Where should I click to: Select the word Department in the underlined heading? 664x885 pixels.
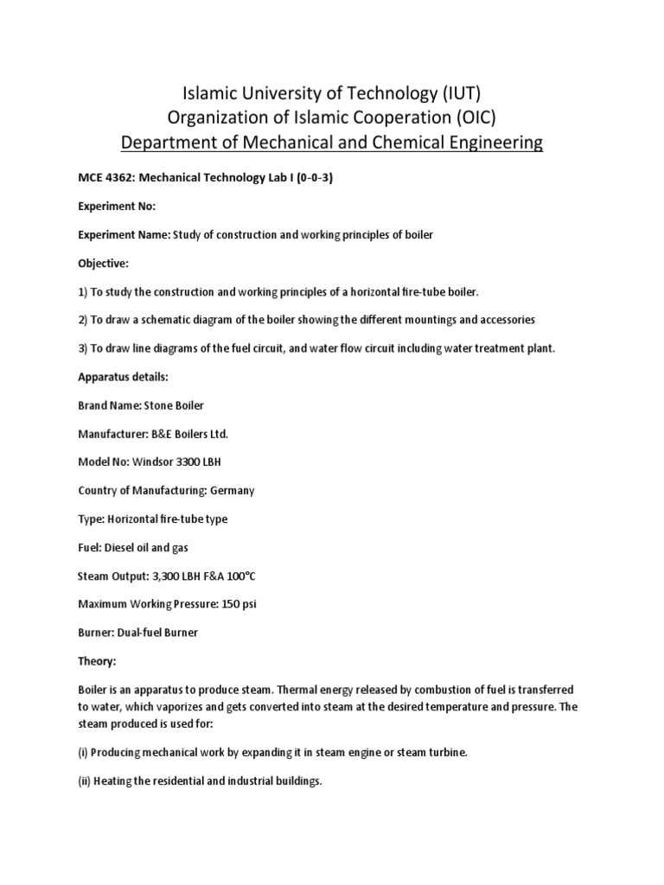point(173,142)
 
